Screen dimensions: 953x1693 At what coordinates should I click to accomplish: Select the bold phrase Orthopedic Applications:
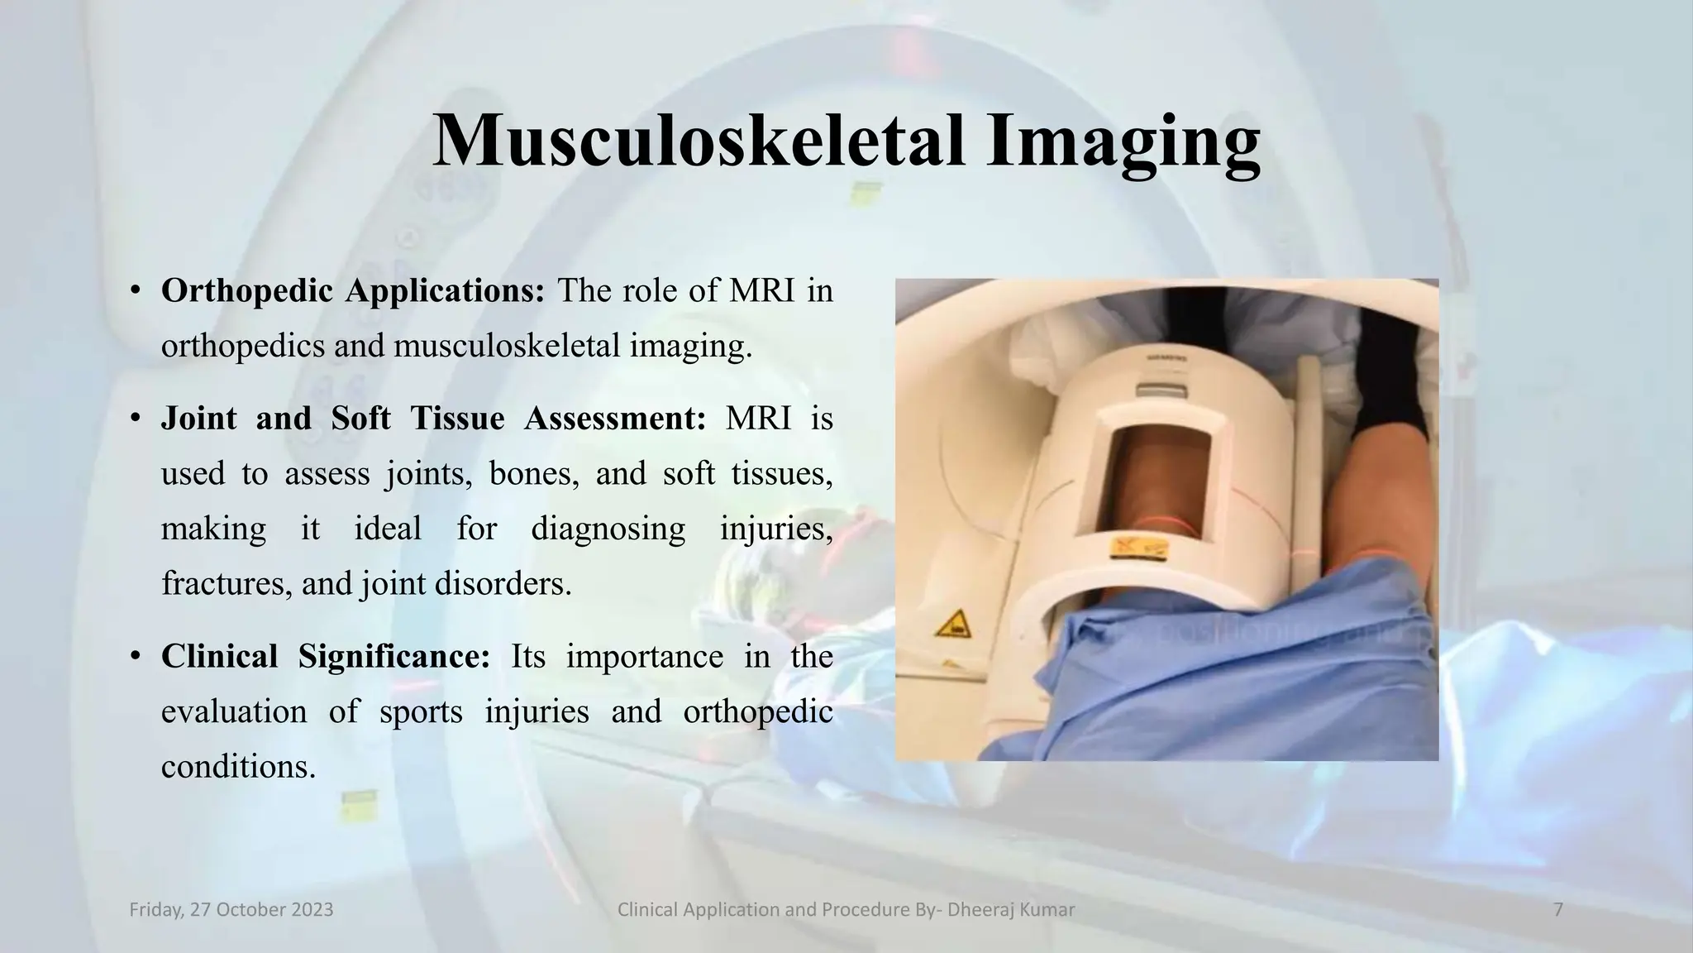(x=353, y=291)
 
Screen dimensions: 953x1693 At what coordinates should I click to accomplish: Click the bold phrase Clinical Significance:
(x=326, y=657)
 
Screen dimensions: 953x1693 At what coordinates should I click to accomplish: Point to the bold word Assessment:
(x=615, y=419)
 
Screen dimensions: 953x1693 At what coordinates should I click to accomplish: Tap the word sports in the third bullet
(x=421, y=711)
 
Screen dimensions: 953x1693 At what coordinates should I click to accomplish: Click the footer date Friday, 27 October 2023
(x=231, y=910)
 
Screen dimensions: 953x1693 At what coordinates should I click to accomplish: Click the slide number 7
(x=1558, y=910)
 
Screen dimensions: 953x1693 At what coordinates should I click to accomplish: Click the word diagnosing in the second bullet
(x=608, y=529)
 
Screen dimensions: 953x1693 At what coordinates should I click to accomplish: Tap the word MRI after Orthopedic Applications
(x=761, y=291)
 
